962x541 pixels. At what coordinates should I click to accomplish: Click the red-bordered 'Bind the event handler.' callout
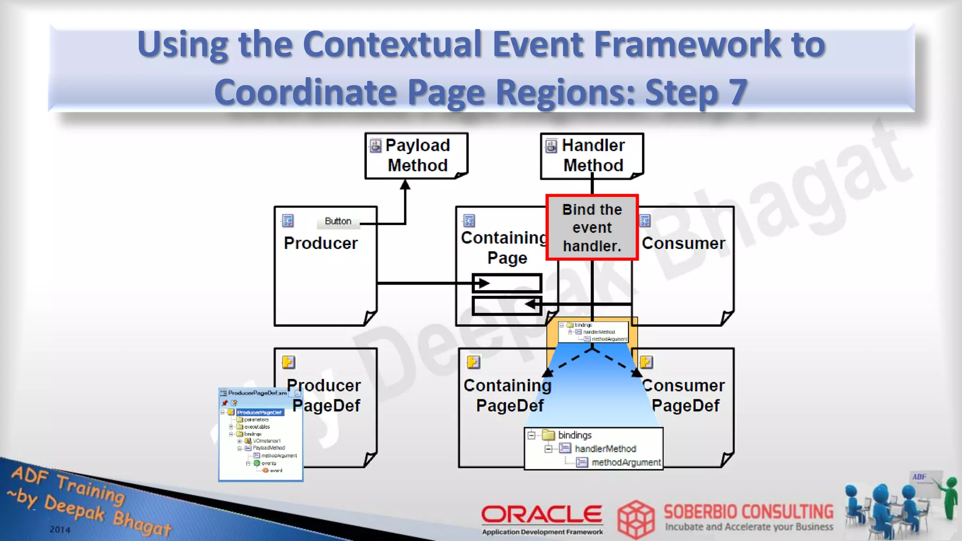tap(592, 227)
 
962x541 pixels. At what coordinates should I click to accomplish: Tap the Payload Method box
tap(417, 155)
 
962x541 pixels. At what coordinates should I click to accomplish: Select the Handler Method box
tap(592, 155)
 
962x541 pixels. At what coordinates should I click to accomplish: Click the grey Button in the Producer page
tap(338, 221)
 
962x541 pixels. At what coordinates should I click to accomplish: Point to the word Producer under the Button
tap(321, 243)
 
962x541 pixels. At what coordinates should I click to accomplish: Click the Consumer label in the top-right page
tap(683, 243)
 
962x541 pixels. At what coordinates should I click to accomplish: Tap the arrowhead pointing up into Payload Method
tap(405, 185)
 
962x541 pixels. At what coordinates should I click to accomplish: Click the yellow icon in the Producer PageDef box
tap(288, 362)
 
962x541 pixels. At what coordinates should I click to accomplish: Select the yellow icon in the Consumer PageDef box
tap(646, 362)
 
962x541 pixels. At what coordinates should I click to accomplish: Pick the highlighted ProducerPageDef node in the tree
tap(259, 412)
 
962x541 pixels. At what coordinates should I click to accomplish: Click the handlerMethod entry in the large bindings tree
tap(605, 449)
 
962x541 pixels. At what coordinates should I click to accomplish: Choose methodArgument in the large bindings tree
tap(626, 463)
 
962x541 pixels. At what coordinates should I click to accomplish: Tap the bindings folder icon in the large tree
tap(548, 435)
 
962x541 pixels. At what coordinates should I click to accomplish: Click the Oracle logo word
tap(542, 514)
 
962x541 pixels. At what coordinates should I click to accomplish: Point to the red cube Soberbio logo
tap(636, 519)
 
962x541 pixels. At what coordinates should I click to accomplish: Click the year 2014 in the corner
tap(60, 530)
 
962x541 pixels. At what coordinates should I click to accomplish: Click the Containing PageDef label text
tap(508, 395)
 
